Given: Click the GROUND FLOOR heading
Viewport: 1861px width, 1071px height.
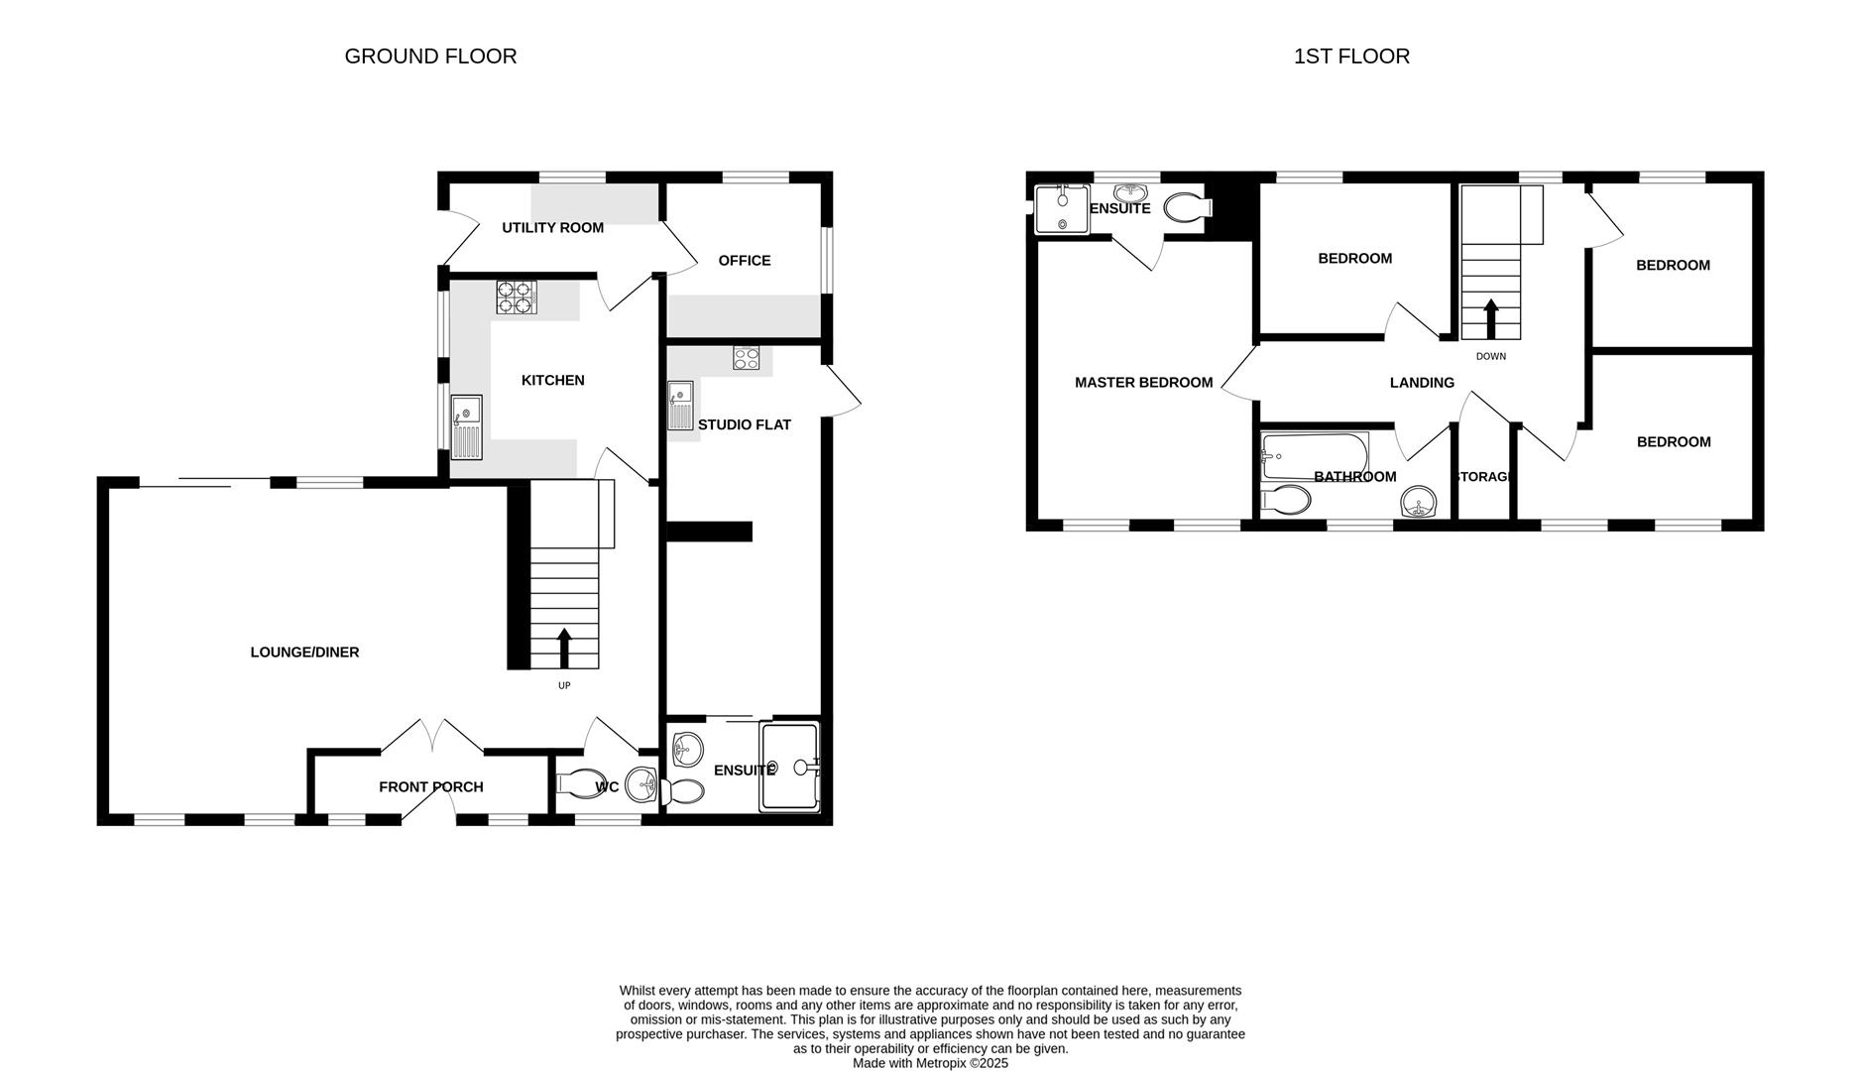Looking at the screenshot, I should pyautogui.click(x=430, y=57).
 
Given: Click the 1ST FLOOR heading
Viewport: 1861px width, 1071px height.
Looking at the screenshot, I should pyautogui.click(x=1351, y=57).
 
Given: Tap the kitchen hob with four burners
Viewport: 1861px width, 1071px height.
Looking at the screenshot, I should pyautogui.click(x=516, y=297).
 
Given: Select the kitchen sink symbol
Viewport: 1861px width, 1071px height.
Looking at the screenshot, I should pyautogui.click(x=466, y=426).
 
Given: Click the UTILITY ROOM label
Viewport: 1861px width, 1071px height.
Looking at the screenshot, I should pyautogui.click(x=552, y=228).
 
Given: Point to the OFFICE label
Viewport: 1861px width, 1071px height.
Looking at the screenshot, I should pyautogui.click(x=744, y=261).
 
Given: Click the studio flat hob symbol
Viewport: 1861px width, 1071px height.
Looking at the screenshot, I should pyautogui.click(x=746, y=358).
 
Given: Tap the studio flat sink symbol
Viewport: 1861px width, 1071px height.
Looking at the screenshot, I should pyautogui.click(x=680, y=406).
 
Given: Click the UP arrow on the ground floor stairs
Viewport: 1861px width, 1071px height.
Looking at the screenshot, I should pyautogui.click(x=564, y=648).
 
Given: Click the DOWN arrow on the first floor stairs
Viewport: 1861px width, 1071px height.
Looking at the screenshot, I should pyautogui.click(x=1490, y=319).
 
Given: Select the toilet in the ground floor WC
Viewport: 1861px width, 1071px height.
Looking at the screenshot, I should pyautogui.click(x=581, y=783).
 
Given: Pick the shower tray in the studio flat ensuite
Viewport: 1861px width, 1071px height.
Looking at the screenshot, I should pyautogui.click(x=790, y=768).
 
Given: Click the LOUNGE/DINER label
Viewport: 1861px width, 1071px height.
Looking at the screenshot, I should pyautogui.click(x=304, y=653).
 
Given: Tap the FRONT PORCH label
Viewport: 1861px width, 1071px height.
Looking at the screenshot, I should pyautogui.click(x=430, y=787).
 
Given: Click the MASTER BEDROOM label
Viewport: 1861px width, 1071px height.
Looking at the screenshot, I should pyautogui.click(x=1143, y=383).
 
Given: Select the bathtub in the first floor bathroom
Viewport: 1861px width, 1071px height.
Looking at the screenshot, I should pyautogui.click(x=1314, y=455).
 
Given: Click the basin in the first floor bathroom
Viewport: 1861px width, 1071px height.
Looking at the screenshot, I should pyautogui.click(x=1419, y=503).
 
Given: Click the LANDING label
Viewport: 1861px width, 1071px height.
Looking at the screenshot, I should pyautogui.click(x=1421, y=383).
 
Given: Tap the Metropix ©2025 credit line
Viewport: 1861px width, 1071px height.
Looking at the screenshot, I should pyautogui.click(x=930, y=1063).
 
